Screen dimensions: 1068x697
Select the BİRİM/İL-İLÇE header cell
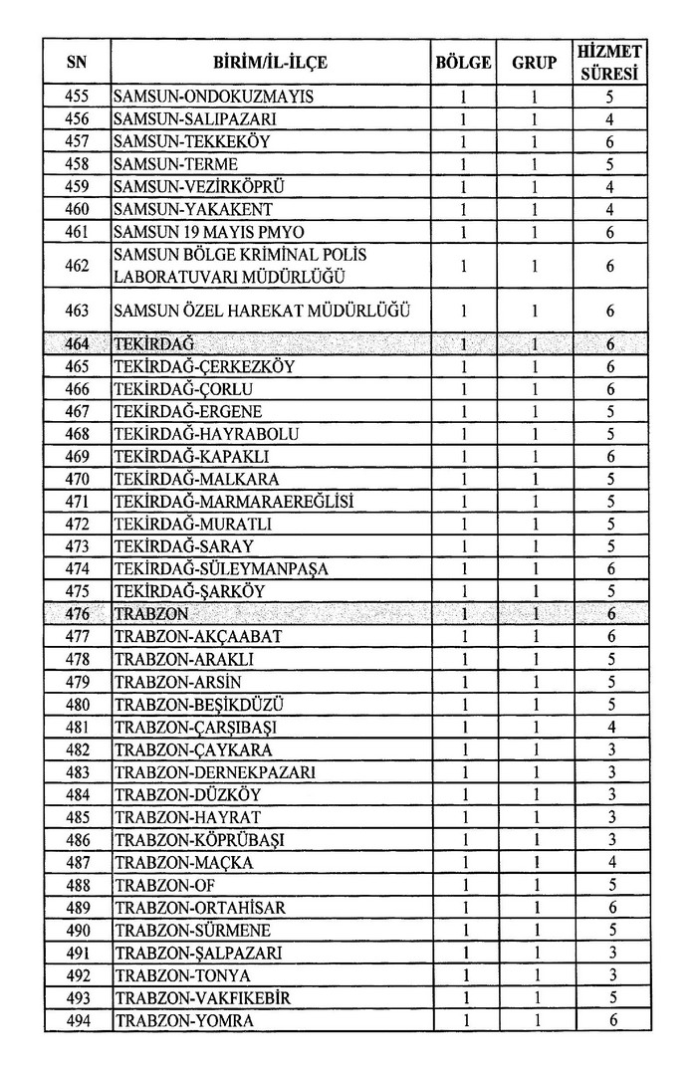coord(270,63)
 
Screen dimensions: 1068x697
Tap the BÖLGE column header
coord(463,63)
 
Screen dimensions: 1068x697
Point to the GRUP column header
coord(534,63)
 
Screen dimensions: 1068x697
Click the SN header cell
coord(77,63)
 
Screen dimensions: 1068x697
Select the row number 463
coord(77,311)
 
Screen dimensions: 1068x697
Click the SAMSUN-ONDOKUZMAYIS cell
coord(214,97)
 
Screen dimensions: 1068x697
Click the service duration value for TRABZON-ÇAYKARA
coord(610,749)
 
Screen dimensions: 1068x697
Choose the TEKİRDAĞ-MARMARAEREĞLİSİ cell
coord(235,502)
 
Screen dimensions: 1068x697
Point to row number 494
coord(77,1021)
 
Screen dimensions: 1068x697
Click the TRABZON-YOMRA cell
coord(184,1021)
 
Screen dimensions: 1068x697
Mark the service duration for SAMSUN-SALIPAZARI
coord(610,119)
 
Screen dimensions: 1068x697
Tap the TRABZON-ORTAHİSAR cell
coord(199,908)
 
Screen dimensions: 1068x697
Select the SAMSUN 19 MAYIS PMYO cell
coord(194,232)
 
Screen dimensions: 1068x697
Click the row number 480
coord(77,705)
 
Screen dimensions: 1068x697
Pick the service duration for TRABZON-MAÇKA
coord(610,862)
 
